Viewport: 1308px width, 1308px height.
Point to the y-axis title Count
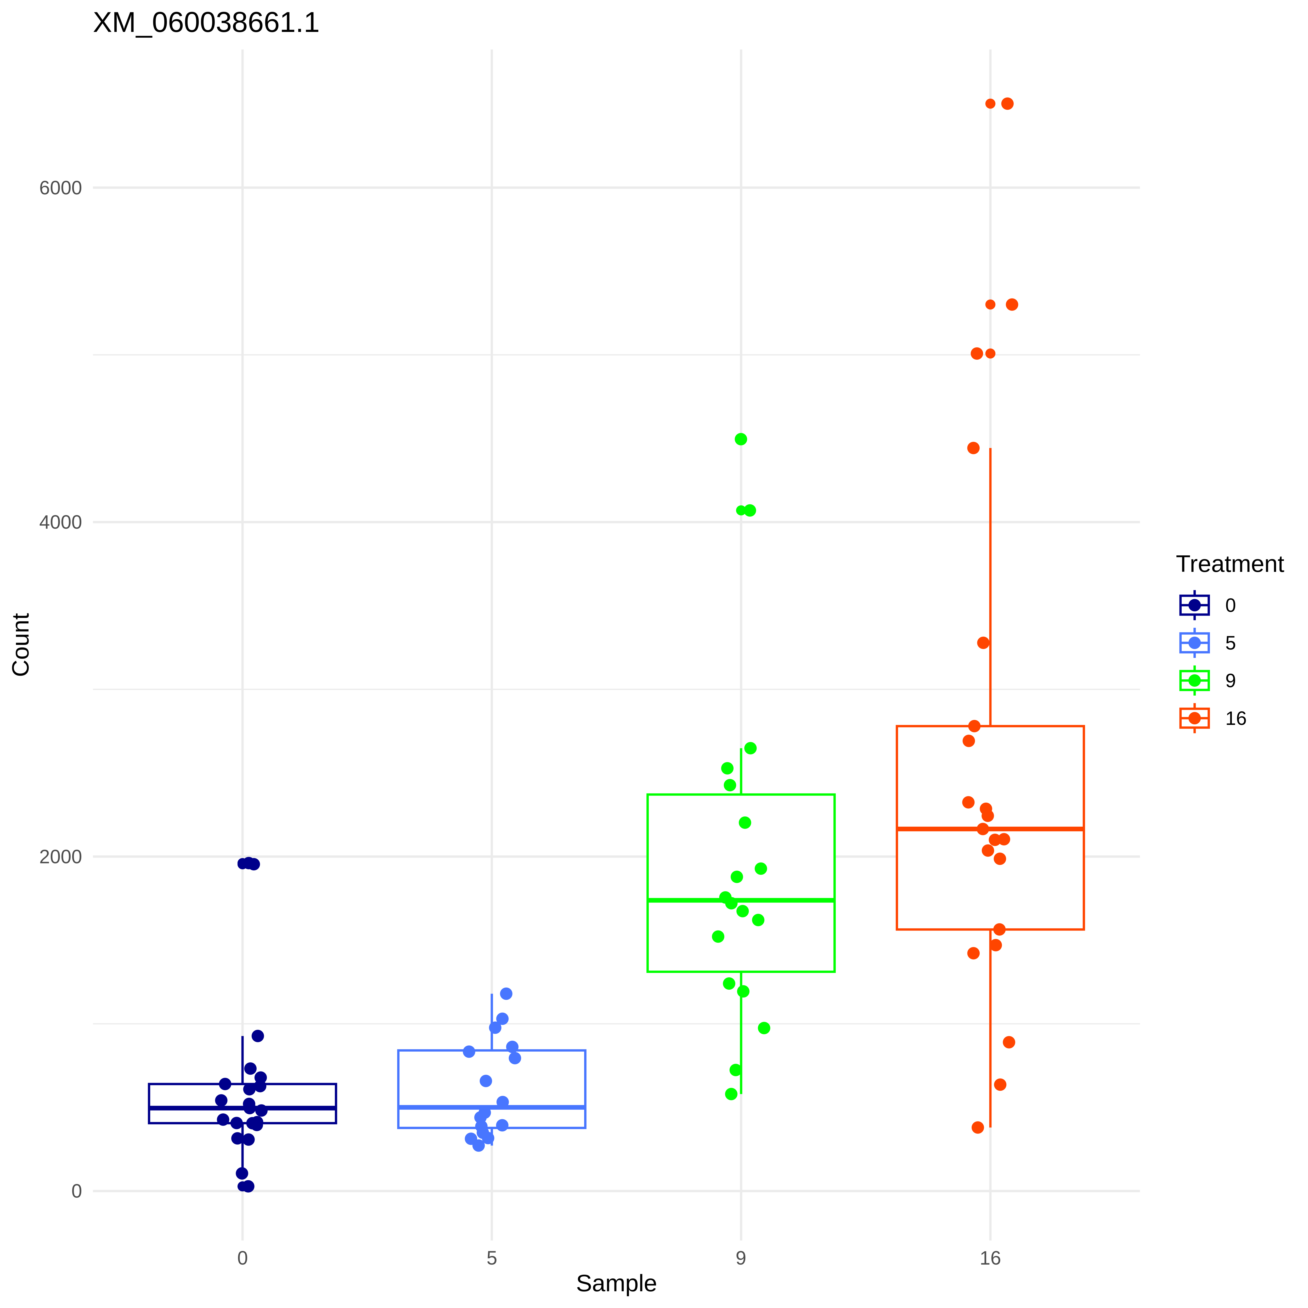(21, 645)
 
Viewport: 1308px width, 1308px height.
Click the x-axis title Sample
(616, 1283)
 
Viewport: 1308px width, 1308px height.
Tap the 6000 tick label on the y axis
(60, 188)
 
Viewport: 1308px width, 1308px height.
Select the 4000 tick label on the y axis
(60, 522)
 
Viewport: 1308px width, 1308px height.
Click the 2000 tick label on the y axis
(60, 856)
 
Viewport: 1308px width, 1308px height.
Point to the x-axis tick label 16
(990, 1258)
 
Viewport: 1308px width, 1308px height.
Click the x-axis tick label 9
(741, 1258)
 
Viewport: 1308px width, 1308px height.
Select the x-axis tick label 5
(492, 1258)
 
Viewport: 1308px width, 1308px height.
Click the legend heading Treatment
(1230, 564)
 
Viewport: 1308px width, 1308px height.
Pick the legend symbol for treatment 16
(1194, 718)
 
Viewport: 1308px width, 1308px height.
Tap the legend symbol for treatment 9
(1194, 680)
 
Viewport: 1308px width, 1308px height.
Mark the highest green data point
(741, 439)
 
